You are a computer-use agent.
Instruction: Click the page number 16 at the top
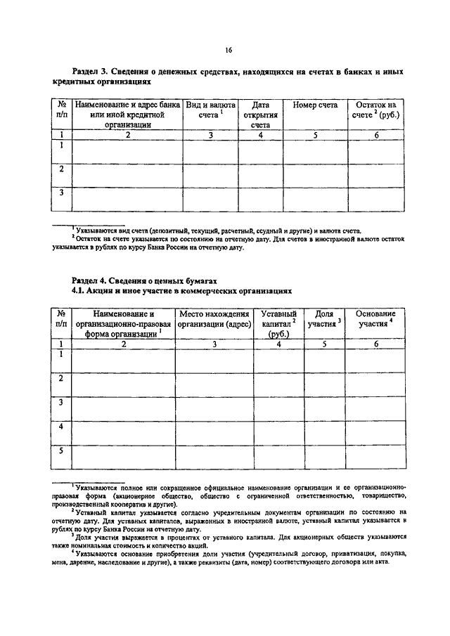click(x=229, y=50)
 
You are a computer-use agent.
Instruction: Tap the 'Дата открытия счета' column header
click(x=259, y=115)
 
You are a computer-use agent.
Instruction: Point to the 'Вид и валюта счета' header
click(x=210, y=110)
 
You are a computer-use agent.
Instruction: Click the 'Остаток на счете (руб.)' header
click(x=377, y=110)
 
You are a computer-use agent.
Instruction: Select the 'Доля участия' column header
click(x=325, y=319)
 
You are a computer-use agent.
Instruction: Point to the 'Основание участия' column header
click(x=376, y=319)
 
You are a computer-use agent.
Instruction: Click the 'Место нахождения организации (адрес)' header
click(x=214, y=319)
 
